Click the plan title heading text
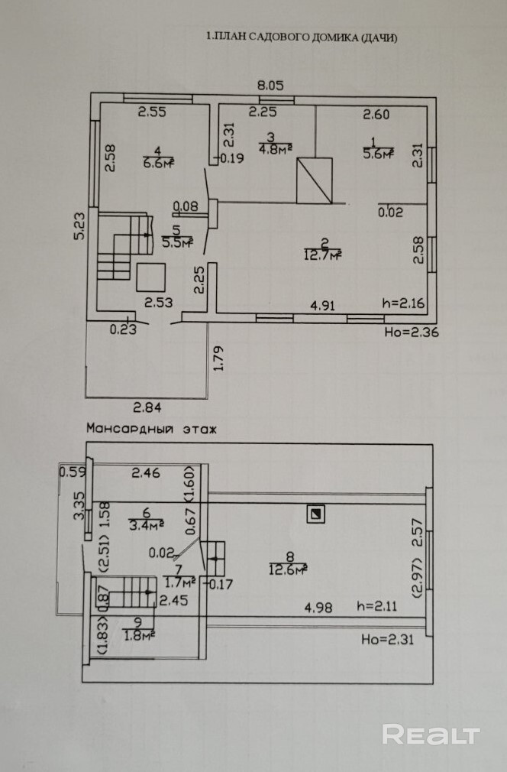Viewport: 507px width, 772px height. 302,37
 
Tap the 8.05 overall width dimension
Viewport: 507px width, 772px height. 271,85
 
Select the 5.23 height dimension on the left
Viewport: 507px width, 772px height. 79,225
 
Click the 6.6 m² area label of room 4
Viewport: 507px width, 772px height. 159,163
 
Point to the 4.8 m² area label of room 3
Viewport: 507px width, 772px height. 276,148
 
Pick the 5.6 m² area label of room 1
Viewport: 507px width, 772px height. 378,154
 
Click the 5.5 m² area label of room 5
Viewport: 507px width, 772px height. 177,242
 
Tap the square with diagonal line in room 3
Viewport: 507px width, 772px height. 315,180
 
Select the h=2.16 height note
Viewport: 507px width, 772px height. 404,303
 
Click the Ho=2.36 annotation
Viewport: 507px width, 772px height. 412,332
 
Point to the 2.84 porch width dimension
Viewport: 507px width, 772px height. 147,407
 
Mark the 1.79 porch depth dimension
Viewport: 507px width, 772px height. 219,358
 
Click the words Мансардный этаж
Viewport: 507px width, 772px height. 151,428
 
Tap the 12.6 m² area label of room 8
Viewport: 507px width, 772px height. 289,569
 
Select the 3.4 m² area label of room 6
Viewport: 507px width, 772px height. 146,524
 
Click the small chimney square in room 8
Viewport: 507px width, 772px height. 315,514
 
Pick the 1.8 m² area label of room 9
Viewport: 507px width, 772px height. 139,635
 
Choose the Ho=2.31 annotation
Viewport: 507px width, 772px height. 387,639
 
